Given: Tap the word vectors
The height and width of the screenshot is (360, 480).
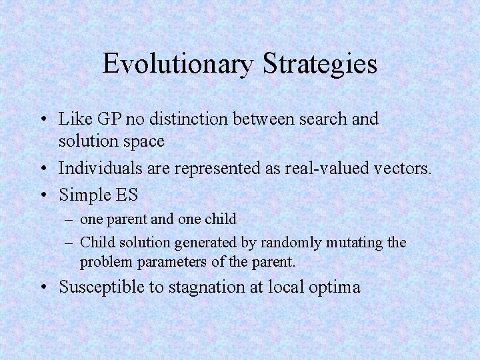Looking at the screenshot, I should [398, 169].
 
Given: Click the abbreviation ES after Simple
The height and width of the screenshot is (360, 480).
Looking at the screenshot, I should [125, 195].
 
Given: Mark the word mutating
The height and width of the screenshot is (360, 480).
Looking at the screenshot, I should [353, 243].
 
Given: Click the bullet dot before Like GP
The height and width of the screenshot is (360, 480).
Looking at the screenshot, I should [42, 120].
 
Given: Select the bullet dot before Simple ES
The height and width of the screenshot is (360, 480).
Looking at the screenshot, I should [42, 195].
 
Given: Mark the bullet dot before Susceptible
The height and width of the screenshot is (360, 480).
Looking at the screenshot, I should [42, 288].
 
